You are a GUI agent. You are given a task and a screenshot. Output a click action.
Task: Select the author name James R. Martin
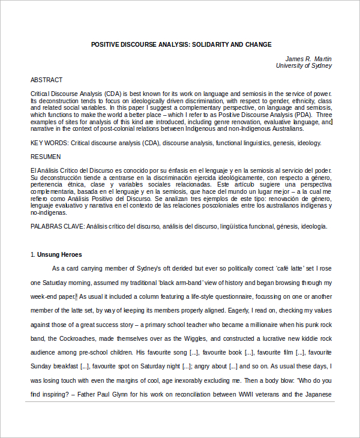click(x=308, y=59)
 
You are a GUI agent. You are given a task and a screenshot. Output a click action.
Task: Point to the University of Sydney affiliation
click(x=304, y=66)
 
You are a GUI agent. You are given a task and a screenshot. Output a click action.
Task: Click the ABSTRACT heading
click(x=46, y=80)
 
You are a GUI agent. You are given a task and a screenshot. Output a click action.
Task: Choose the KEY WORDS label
click(x=49, y=143)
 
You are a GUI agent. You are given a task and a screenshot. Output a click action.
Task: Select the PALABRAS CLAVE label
click(x=58, y=226)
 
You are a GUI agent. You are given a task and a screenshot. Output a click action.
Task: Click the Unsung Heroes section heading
click(x=60, y=254)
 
